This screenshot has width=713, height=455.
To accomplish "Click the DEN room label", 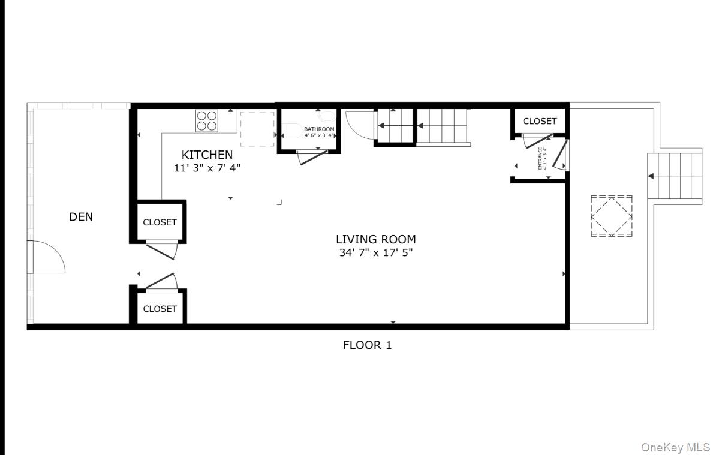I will pos(81,217).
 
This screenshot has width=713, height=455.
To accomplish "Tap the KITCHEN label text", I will pos(207,155).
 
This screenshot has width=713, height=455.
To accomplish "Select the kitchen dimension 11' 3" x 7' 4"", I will pos(207,168).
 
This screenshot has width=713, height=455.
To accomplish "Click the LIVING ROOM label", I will pos(375,240).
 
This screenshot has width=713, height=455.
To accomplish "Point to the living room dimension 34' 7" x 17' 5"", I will pos(375,252).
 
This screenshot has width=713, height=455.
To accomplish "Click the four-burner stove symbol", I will pos(207,121).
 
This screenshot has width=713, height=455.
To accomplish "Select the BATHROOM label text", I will pos(319,129).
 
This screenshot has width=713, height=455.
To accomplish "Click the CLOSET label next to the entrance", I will pos(540,121).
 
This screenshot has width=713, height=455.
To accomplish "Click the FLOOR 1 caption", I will pos(367,345).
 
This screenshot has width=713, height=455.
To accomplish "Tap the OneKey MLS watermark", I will pos(675,447).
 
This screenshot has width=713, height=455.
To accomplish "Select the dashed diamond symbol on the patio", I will pos(611,216).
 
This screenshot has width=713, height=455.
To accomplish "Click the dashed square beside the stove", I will pos(258,129).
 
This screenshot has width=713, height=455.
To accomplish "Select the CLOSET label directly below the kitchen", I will pos(160,222).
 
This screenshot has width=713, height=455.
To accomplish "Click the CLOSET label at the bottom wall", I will pos(160,309).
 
